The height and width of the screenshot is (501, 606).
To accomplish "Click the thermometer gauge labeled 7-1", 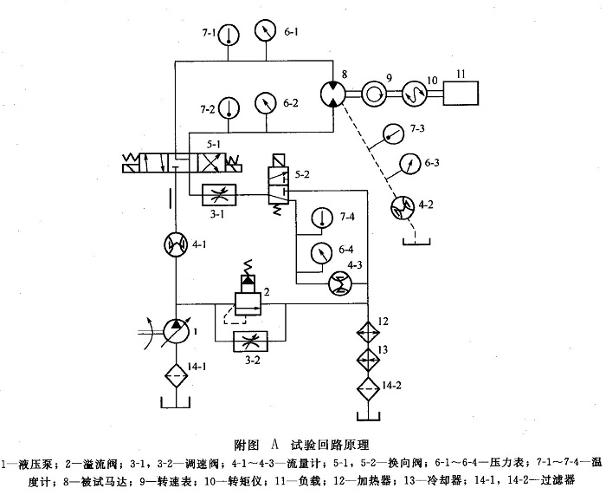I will point(229,34).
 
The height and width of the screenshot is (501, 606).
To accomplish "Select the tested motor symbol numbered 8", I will point(333,92).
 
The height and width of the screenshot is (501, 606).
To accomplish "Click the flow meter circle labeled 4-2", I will point(400,205).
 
